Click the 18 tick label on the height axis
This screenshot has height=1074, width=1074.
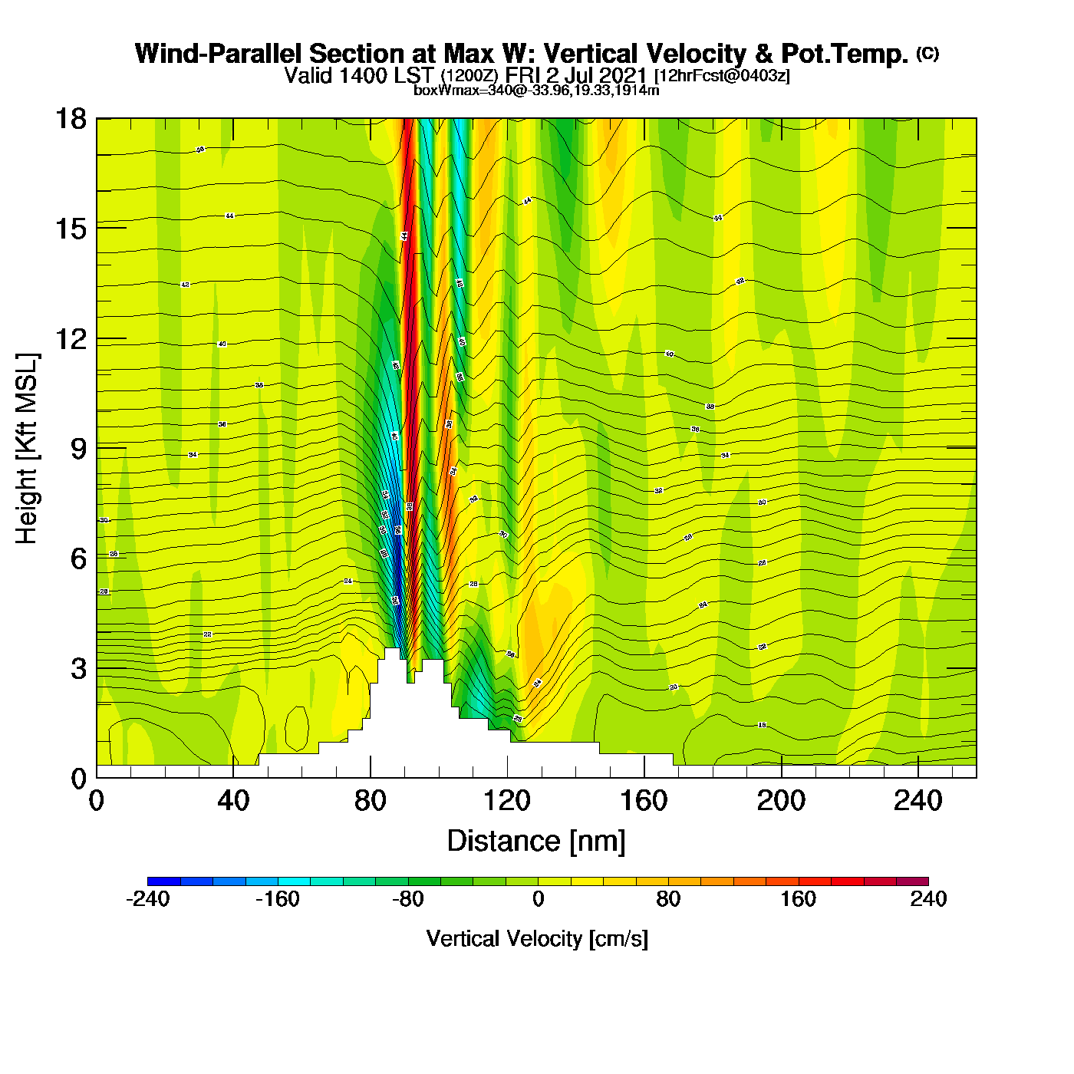click(70, 119)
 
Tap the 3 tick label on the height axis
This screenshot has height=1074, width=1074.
click(79, 669)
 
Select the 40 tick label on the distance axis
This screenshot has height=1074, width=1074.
click(233, 801)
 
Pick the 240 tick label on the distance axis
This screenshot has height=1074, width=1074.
click(918, 801)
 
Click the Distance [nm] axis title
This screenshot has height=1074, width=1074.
click(536, 842)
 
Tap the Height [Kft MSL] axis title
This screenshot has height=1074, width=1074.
click(27, 449)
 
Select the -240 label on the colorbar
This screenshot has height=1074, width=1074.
click(147, 899)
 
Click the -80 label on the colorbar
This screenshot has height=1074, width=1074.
click(407, 899)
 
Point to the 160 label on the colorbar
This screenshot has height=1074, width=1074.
click(799, 899)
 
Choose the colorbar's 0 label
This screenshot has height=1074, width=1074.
click(538, 899)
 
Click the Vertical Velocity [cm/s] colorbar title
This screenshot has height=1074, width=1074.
click(537, 938)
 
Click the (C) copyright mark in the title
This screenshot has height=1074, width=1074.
click(927, 53)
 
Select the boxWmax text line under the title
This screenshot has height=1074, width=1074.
click(536, 91)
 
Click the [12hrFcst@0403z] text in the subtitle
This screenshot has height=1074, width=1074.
click(722, 76)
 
